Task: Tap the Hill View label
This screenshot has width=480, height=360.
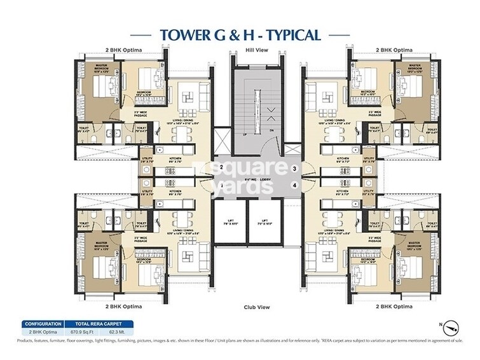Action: coord(256,50)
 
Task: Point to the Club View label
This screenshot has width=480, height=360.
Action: coord(256,307)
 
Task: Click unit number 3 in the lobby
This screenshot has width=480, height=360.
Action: coord(294,169)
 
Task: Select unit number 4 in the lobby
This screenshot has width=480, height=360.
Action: coord(294,185)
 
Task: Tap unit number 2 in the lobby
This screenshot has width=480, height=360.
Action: coord(221,167)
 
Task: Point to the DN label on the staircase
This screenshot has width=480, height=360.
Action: coord(271,130)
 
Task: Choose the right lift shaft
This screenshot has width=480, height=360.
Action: coord(264,223)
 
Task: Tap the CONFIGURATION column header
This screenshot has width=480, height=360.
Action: coord(43,323)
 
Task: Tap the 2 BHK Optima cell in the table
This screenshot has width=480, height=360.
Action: coord(43,332)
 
